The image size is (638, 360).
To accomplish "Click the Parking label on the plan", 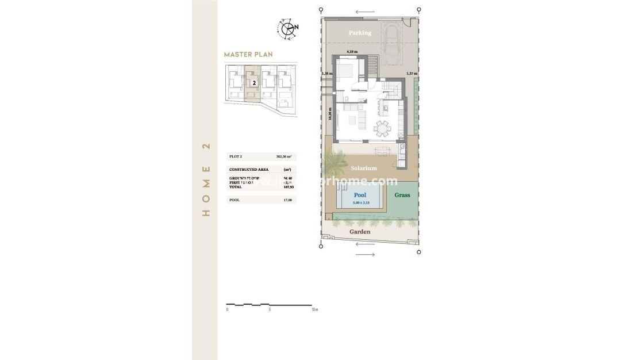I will coord(360,33).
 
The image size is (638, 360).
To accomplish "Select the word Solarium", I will coord(363,168).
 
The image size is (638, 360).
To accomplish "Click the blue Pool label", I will coord(360,196).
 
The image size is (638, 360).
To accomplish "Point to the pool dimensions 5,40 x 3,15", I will coord(360,202).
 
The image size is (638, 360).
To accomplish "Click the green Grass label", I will coord(402,196).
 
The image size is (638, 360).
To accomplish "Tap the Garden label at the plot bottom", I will coord(360,232).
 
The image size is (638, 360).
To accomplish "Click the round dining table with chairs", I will coord(382,127).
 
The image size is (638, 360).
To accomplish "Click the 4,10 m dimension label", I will coord(352,52).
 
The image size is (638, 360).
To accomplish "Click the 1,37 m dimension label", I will coord(412,74).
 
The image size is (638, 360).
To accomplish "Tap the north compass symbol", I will coord(287,28).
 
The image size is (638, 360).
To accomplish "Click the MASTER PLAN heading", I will coord(248,55).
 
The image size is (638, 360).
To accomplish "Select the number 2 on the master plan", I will coord(253,83).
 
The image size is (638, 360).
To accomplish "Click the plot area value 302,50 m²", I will coord(284,156).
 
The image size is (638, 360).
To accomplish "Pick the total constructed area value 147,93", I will coord(288,187).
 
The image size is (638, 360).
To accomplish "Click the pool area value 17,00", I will coord(288,200).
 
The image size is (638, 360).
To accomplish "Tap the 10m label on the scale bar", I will coord(314,309).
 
